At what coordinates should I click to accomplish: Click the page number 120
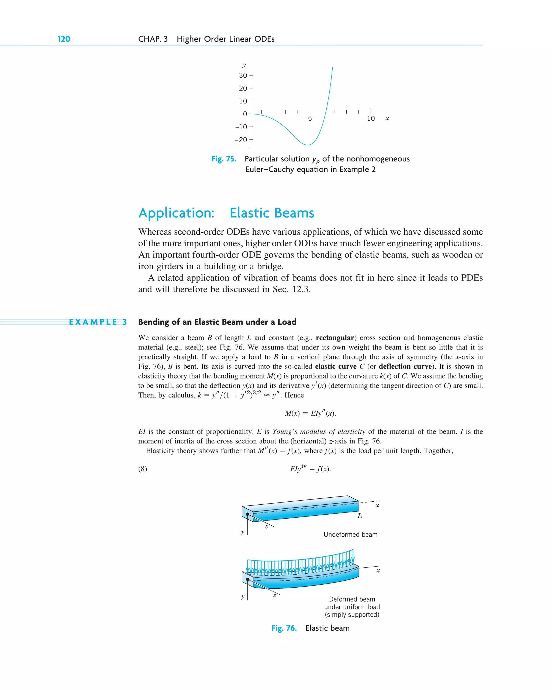(64, 39)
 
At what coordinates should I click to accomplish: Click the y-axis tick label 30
(243, 75)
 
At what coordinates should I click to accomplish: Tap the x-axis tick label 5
(310, 119)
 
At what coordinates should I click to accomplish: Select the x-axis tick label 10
(370, 119)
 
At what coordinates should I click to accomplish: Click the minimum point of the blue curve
(308, 145)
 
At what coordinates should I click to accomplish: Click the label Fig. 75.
(223, 159)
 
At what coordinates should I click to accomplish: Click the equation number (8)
(143, 469)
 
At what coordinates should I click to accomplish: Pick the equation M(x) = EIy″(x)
(310, 413)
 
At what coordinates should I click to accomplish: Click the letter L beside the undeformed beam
(360, 516)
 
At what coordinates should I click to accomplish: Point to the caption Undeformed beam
(350, 535)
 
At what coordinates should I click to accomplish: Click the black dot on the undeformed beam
(247, 514)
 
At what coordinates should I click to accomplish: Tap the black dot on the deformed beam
(247, 579)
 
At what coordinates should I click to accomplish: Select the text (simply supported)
(352, 615)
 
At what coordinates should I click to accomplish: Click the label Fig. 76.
(284, 628)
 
